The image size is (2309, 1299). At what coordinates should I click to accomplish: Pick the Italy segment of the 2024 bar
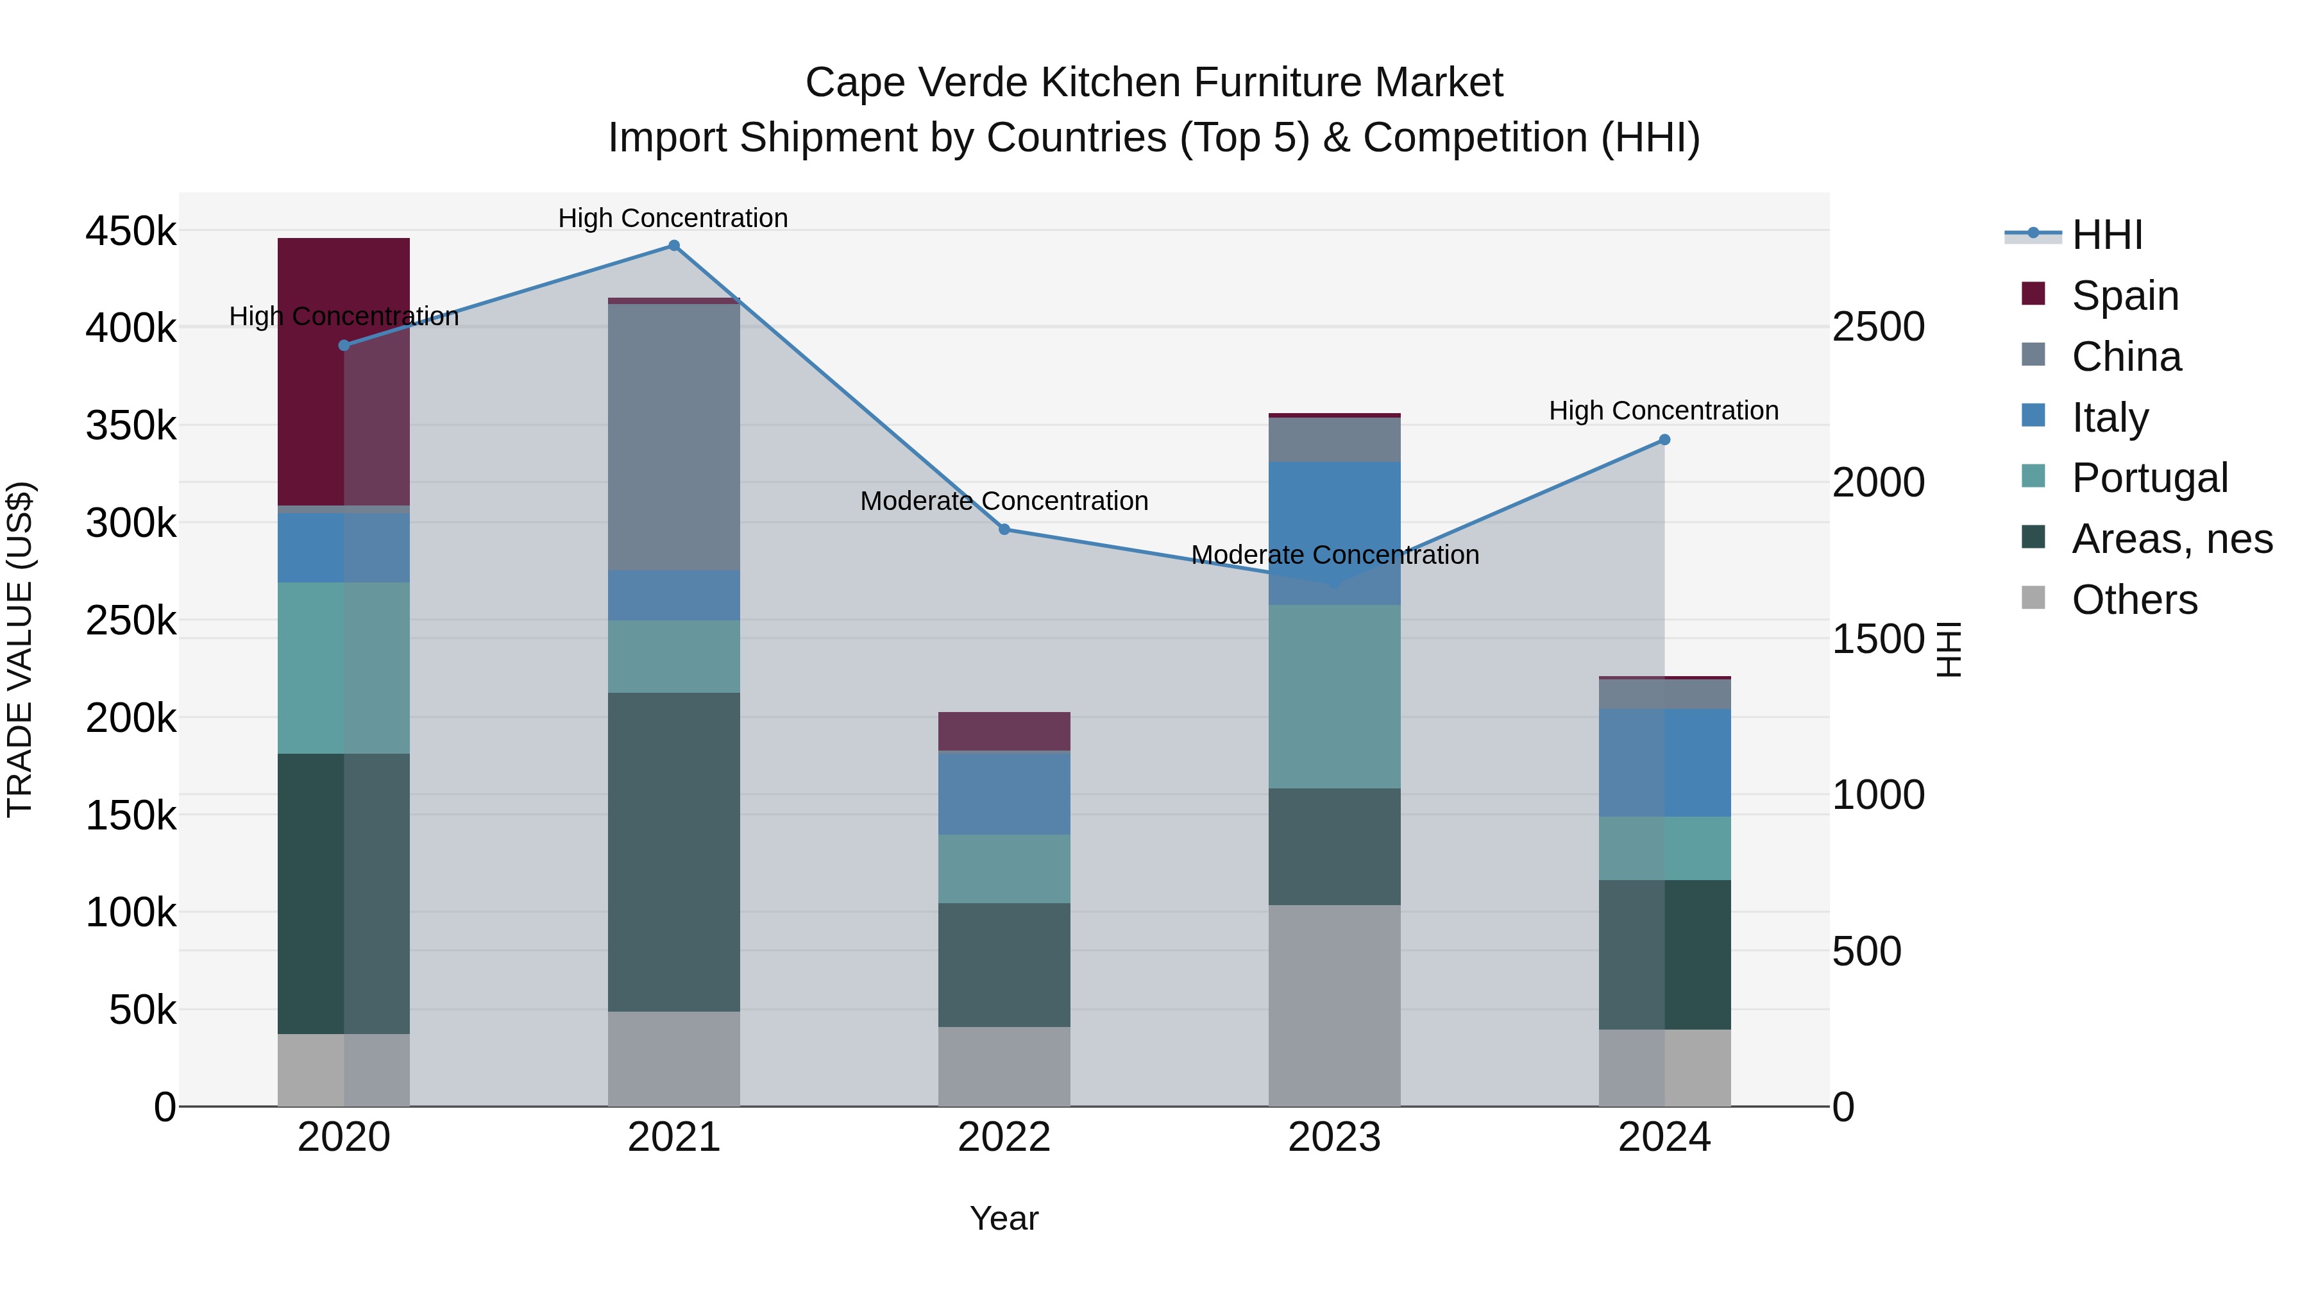click(x=1664, y=762)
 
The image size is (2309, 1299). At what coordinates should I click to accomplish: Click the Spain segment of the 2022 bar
click(x=1004, y=731)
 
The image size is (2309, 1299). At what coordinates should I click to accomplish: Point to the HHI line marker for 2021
click(x=674, y=246)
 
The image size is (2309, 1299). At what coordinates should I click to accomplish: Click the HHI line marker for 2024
click(x=1664, y=440)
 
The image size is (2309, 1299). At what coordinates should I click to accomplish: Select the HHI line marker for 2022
click(x=1004, y=530)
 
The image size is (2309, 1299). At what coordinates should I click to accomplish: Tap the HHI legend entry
click(x=2106, y=235)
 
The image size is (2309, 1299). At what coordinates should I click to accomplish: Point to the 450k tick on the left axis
click(x=131, y=232)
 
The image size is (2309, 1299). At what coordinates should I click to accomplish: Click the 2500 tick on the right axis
click(x=1878, y=327)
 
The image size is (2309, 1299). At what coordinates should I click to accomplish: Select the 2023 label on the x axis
click(x=1334, y=1137)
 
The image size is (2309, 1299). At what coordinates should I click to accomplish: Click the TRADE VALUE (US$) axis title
click(x=21, y=649)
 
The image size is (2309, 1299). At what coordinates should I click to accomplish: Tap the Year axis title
click(x=1004, y=1218)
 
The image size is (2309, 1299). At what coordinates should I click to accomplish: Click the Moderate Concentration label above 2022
click(x=1004, y=501)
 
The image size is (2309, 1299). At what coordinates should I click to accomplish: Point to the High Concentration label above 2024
click(x=1664, y=411)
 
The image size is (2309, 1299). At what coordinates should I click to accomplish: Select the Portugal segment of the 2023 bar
click(x=1334, y=697)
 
